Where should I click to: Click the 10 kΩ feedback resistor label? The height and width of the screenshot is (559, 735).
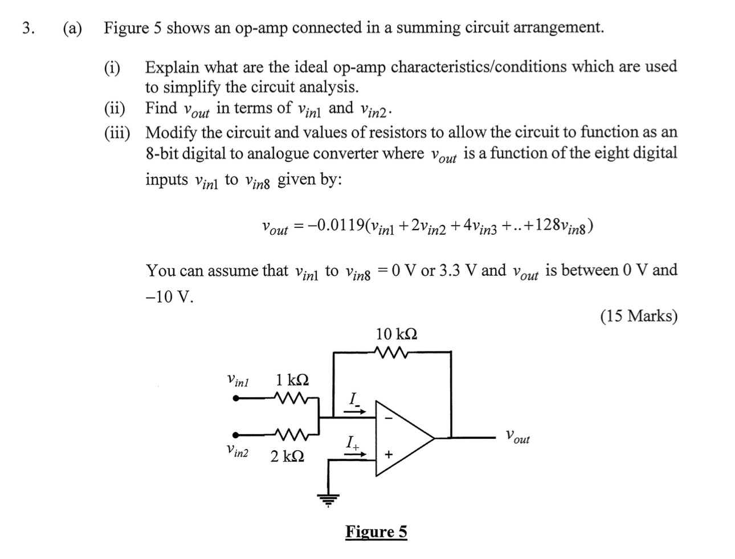[x=396, y=334]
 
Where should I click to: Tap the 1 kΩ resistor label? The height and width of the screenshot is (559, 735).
[x=292, y=380]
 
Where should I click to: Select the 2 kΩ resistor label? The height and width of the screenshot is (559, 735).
[x=287, y=456]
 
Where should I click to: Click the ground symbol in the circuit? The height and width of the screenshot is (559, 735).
[x=328, y=500]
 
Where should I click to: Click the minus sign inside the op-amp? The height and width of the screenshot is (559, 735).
[x=389, y=417]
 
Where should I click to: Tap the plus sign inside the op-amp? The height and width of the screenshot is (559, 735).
[x=389, y=455]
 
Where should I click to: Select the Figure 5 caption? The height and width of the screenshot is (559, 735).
[x=376, y=532]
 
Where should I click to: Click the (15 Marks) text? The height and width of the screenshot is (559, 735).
[x=639, y=316]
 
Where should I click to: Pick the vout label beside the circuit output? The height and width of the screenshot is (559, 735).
[x=517, y=438]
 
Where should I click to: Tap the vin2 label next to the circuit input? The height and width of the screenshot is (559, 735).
[x=237, y=451]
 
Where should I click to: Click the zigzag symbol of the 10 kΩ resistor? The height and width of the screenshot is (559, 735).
[x=392, y=352]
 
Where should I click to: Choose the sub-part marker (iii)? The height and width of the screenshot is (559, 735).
[x=117, y=133]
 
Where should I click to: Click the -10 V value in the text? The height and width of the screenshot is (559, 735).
[x=169, y=297]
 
